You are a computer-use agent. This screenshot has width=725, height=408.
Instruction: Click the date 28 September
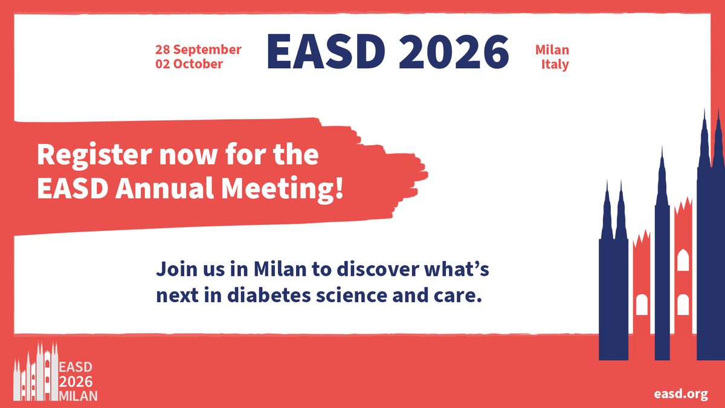click(198, 50)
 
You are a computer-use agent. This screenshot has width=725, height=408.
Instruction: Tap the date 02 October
click(189, 63)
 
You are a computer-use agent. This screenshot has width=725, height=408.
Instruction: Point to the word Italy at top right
click(555, 64)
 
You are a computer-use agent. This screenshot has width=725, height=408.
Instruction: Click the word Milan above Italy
click(552, 50)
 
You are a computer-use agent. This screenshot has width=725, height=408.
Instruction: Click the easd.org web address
click(681, 393)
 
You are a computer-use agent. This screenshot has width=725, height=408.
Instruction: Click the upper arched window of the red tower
click(683, 261)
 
